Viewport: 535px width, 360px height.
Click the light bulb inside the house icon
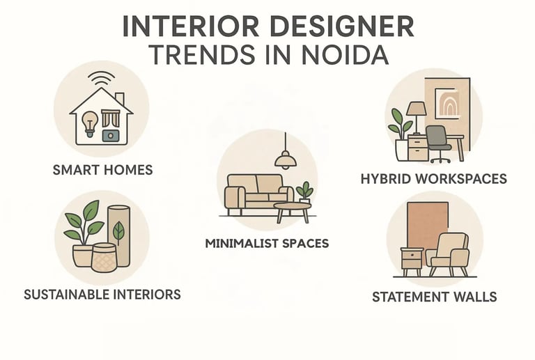tap(90, 122)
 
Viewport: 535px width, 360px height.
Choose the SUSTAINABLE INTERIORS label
tap(102, 294)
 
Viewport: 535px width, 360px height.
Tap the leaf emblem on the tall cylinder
tap(120, 230)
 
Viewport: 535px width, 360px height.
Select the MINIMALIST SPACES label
tap(267, 244)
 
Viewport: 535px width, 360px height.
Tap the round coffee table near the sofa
tap(291, 210)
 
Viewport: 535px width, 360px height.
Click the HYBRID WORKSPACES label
tap(433, 178)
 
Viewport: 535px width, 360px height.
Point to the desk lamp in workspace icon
tap(416, 111)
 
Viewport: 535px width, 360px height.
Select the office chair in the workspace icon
tap(437, 143)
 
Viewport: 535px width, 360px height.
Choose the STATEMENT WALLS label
tap(434, 297)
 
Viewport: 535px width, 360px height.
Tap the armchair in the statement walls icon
tap(447, 255)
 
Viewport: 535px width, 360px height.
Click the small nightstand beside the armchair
tap(411, 263)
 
